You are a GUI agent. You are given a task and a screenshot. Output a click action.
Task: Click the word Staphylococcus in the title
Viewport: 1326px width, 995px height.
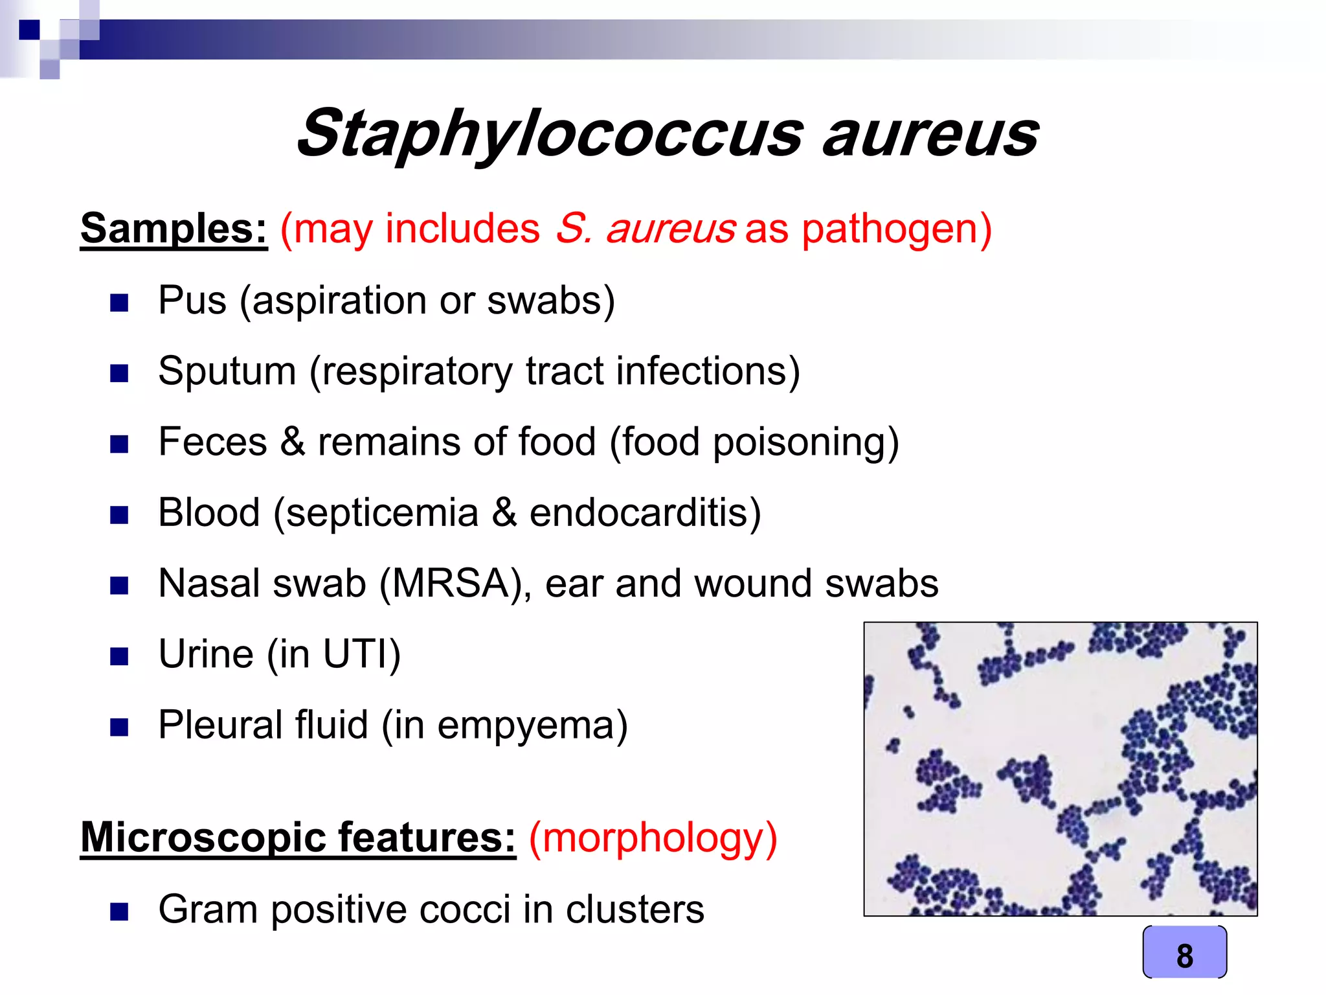coord(549,134)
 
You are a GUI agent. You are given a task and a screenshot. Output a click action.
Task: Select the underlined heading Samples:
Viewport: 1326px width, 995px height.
coord(174,229)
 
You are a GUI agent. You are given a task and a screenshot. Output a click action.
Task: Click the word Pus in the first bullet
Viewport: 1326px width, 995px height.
coord(192,301)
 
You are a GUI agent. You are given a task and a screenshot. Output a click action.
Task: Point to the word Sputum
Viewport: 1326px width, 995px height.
coord(227,371)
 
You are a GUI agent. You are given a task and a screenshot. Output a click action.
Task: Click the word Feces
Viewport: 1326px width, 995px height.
coord(212,442)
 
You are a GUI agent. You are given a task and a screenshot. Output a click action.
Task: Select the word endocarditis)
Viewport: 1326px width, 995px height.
coord(645,512)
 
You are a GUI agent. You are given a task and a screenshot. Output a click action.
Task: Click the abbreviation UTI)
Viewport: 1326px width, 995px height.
coord(362,654)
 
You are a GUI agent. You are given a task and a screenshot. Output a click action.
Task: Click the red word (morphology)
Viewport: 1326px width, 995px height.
coord(653,838)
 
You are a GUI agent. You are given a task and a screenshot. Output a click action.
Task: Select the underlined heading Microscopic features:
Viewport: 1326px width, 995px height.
coord(298,838)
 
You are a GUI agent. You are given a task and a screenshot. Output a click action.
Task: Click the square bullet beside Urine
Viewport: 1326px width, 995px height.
coord(119,656)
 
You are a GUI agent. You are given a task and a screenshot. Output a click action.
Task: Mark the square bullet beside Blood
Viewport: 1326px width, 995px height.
coord(119,515)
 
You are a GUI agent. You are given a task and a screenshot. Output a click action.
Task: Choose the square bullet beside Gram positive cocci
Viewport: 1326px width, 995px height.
coord(119,911)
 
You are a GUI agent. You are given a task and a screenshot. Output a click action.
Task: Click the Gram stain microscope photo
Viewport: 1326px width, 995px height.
coord(1060,769)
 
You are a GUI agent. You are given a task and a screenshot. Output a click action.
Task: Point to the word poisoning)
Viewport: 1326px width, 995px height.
coord(805,442)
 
